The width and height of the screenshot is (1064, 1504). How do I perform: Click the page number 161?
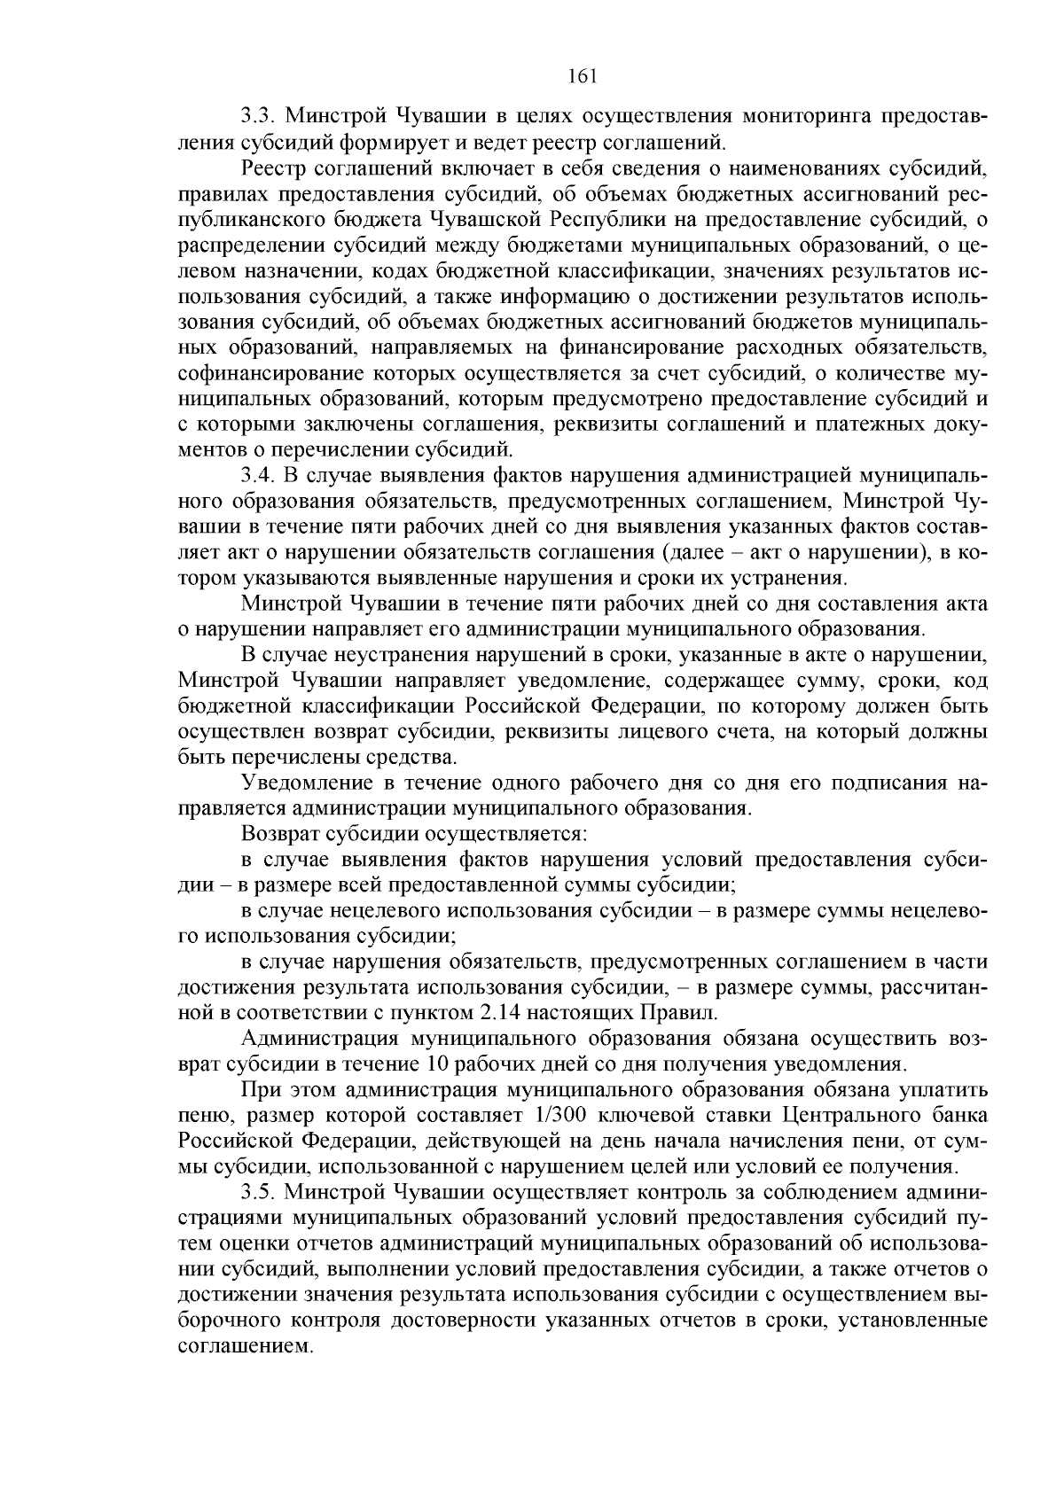click(x=583, y=76)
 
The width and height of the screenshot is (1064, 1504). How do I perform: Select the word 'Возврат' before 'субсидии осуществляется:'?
click(x=278, y=834)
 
